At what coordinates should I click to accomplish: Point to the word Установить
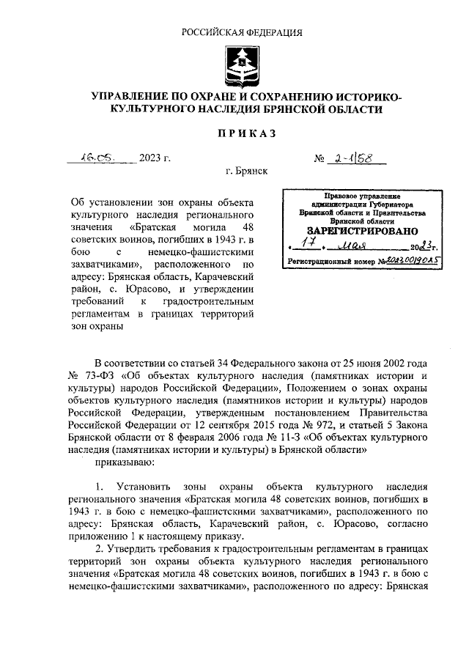(144, 487)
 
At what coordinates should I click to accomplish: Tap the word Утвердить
(135, 550)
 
